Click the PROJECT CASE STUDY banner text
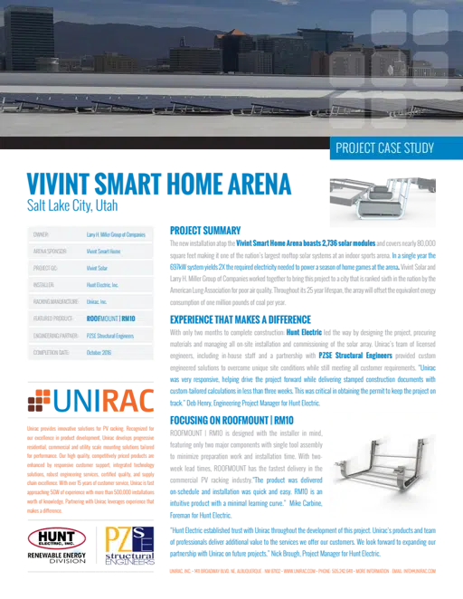[x=384, y=148]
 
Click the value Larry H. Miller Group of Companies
[x=114, y=234]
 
